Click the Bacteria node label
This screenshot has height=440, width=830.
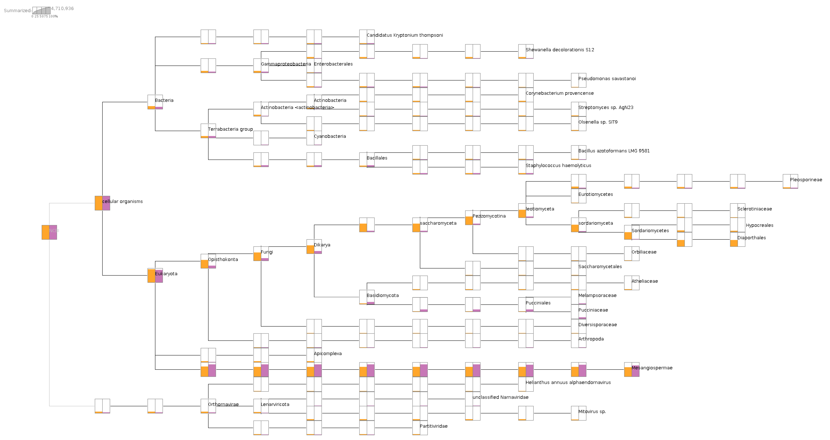click(x=164, y=100)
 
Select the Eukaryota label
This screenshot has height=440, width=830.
click(x=166, y=274)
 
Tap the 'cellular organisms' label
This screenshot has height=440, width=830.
click(x=122, y=202)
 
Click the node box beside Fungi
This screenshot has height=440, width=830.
click(x=261, y=254)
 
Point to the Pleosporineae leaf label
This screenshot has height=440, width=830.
click(x=806, y=180)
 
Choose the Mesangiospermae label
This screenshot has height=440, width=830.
click(x=652, y=368)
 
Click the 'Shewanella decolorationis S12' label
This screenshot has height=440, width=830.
click(x=560, y=50)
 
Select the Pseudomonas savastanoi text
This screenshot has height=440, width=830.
click(x=607, y=79)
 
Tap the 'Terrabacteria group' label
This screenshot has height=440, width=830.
click(x=230, y=129)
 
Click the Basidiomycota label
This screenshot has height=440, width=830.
click(x=382, y=296)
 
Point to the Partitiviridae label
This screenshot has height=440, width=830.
click(x=433, y=426)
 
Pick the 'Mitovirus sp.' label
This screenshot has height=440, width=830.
click(x=592, y=412)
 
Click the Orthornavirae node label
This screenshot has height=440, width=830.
click(x=223, y=405)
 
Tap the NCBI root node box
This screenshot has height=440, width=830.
click(x=49, y=232)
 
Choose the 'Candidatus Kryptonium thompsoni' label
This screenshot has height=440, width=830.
click(x=405, y=35)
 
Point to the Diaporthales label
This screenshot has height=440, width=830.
click(x=751, y=238)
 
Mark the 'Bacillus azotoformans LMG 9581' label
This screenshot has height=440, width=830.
click(x=614, y=151)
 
